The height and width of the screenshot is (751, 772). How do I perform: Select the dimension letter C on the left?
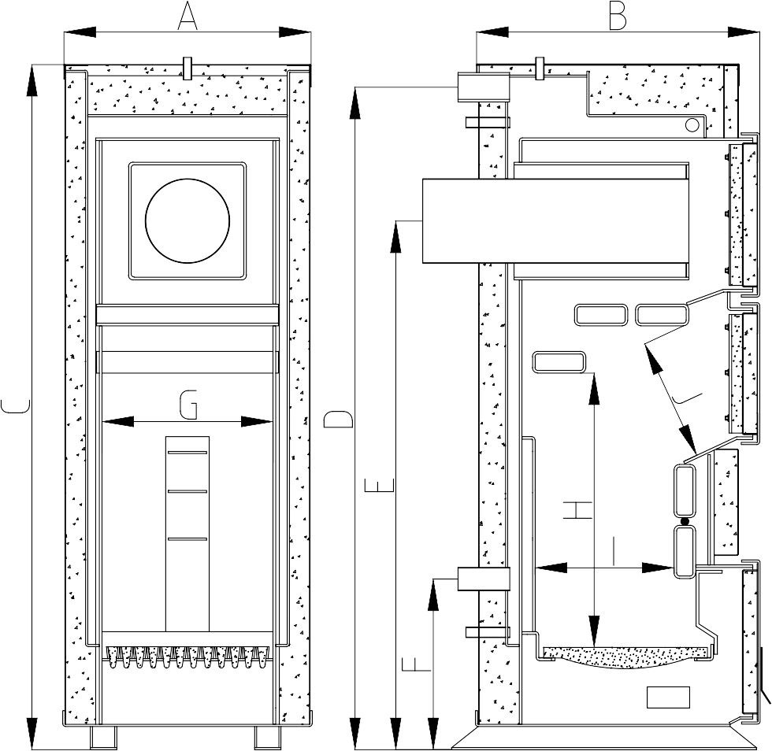click(x=16, y=406)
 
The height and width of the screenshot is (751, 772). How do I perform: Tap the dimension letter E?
click(x=379, y=485)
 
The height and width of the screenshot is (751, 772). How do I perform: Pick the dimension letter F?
click(x=417, y=665)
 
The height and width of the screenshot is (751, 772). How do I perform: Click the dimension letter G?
click(x=188, y=405)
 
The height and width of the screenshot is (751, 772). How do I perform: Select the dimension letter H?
click(x=577, y=510)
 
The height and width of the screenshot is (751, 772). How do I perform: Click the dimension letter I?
click(x=614, y=551)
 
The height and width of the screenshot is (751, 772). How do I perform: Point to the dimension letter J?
click(x=687, y=399)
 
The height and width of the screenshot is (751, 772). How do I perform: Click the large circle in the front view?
click(x=187, y=221)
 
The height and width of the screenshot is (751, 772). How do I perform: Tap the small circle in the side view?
click(x=692, y=125)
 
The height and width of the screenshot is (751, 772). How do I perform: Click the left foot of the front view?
click(x=103, y=738)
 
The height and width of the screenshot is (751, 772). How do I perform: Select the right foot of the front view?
click(x=267, y=738)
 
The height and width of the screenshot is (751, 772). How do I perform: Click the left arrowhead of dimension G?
click(x=117, y=422)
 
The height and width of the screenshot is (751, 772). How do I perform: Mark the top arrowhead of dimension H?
click(x=595, y=390)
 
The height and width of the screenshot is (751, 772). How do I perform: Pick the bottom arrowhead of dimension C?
click(x=32, y=733)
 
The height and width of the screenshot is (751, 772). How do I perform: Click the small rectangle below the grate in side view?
click(x=668, y=697)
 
